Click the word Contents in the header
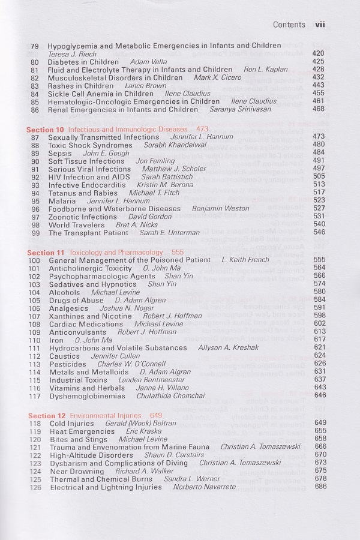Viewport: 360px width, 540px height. (x=289, y=25)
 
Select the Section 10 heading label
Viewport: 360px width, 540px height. (x=46, y=129)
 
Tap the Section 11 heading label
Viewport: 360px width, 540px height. (x=46, y=253)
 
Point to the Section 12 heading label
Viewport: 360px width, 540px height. (x=46, y=415)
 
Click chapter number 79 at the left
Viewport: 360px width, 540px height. (x=35, y=46)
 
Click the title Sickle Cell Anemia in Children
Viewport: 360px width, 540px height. (x=101, y=94)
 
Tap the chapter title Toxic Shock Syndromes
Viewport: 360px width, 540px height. (x=91, y=145)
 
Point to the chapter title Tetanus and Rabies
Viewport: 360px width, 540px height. (x=84, y=193)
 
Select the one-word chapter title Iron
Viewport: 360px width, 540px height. (x=56, y=340)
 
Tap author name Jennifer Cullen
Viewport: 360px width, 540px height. (x=115, y=356)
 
